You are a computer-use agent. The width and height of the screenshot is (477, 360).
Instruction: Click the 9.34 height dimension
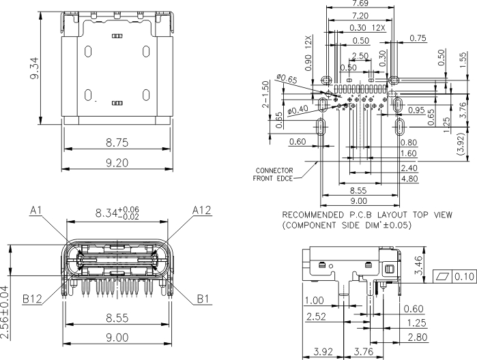click(35, 68)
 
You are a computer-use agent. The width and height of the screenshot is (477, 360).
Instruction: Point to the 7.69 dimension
click(360, 4)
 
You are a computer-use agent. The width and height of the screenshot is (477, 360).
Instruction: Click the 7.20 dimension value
click(360, 16)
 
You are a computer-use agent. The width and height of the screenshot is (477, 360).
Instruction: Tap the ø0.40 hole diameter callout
click(297, 109)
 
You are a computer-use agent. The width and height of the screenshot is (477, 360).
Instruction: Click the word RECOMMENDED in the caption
click(313, 214)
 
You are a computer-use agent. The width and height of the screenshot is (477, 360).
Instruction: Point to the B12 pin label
click(32, 298)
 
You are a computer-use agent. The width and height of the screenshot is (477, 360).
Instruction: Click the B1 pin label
click(203, 298)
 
